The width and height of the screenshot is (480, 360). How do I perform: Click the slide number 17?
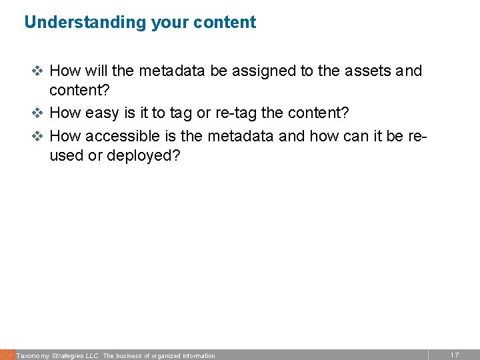pyautogui.click(x=454, y=355)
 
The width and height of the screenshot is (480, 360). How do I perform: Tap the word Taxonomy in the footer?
pyautogui.click(x=33, y=356)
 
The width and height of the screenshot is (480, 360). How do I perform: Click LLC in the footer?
pyautogui.click(x=92, y=356)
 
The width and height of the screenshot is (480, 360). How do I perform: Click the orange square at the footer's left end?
pyautogui.click(x=7, y=355)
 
